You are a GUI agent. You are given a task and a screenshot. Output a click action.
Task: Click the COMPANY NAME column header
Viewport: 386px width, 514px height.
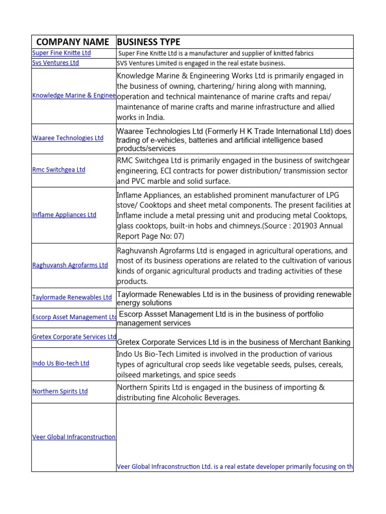pos(72,42)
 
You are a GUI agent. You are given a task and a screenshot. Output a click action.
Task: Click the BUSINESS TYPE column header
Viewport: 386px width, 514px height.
pos(148,42)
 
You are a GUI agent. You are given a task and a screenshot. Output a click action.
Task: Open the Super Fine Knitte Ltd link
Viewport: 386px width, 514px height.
pos(61,53)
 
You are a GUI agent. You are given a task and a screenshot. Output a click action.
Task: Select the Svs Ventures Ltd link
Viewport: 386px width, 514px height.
pos(55,63)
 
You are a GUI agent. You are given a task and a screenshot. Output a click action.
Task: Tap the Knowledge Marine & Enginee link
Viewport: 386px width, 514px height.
pos(74,95)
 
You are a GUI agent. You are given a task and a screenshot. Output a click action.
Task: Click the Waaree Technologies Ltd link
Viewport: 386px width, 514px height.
pos(68,138)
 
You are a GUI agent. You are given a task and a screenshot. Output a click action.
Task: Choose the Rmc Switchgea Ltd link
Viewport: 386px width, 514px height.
pos(59,170)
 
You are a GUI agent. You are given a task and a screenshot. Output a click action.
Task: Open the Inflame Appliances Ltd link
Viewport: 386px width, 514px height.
pos(64,215)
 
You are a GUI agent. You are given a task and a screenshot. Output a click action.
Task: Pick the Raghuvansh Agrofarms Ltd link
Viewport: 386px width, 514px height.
pos(70,265)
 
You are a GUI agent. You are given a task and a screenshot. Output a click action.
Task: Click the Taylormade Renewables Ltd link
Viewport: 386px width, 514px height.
pos(72,297)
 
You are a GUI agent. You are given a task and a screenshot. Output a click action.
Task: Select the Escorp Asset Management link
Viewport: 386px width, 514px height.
pos(74,317)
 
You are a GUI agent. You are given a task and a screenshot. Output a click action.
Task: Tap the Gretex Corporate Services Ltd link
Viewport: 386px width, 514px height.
pos(74,337)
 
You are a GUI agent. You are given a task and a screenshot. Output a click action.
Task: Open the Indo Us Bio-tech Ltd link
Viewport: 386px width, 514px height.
pos(61,363)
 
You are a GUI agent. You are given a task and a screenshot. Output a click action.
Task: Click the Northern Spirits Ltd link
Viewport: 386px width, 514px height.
pos(60,391)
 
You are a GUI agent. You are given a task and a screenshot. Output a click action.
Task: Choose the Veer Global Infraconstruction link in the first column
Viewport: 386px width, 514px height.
pos(74,437)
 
